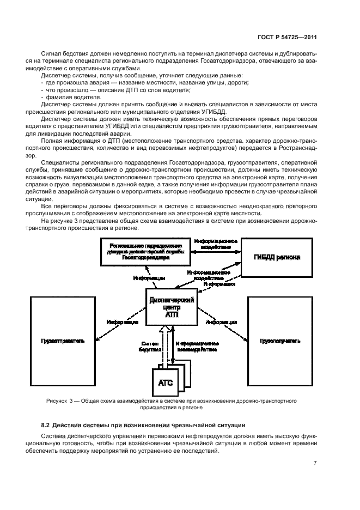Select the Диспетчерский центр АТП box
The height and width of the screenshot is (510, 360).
(171, 308)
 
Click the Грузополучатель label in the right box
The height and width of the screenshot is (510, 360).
(280, 341)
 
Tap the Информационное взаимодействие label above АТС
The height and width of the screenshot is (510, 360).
(197, 348)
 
